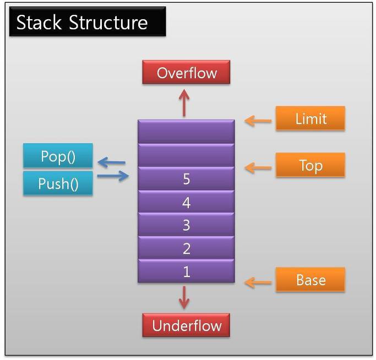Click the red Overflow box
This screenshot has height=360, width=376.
186,72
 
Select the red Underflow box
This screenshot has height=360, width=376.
186,325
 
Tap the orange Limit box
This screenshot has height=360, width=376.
310,118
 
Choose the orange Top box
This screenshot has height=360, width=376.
310,165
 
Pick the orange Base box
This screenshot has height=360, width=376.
310,280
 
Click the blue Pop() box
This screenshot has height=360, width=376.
58,155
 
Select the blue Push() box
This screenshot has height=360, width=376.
58,183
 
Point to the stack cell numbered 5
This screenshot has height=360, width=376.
186,178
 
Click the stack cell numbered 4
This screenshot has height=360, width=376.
186,201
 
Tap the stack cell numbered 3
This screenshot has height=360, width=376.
186,225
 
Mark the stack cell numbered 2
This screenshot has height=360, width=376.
186,248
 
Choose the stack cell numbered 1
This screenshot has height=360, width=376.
186,271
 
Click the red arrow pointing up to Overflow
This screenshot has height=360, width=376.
184,103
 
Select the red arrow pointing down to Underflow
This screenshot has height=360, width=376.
184,297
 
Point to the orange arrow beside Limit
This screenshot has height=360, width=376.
258,121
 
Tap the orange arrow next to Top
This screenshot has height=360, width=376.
258,168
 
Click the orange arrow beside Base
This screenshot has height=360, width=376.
258,282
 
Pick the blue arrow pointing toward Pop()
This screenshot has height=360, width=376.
112,162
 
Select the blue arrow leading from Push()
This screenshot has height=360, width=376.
113,176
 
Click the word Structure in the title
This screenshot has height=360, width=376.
108,23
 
